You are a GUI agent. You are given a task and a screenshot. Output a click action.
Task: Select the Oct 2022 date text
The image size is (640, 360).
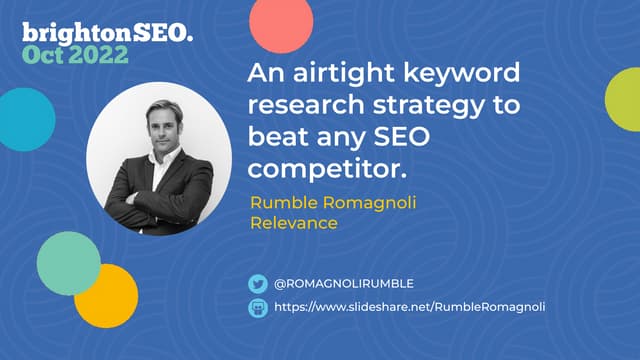tap(75, 54)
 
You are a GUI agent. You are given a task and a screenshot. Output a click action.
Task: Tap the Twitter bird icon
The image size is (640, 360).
tap(258, 284)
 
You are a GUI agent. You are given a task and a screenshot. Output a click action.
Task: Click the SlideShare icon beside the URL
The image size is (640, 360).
tap(258, 308)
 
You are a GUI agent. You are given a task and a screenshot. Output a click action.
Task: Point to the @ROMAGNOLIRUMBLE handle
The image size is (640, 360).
tap(343, 284)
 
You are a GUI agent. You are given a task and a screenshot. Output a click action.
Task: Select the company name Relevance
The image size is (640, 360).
tap(293, 222)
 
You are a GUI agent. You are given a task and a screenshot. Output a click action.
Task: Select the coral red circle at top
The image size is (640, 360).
tap(281, 23)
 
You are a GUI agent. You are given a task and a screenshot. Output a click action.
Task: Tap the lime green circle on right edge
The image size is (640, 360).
tap(625, 98)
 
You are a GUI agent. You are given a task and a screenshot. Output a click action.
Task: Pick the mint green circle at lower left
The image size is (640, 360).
tap(68, 262)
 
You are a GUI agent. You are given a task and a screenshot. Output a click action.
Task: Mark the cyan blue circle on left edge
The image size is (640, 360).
tap(22, 118)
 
